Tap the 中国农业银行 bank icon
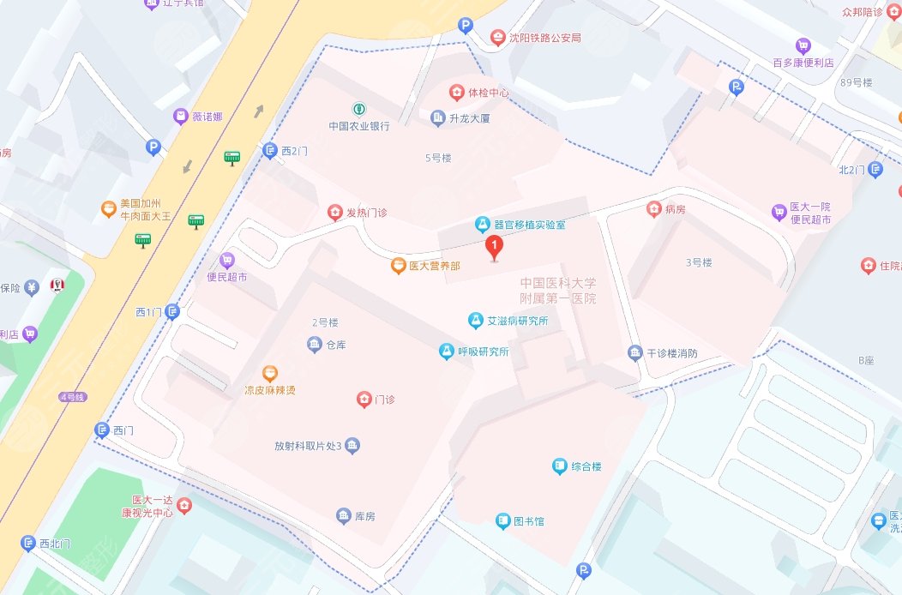358,109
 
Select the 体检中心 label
488,92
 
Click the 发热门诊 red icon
335,213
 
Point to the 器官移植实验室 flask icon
484,225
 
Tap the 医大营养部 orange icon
398,266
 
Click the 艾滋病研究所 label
517,321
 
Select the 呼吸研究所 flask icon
446,352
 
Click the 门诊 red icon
364,399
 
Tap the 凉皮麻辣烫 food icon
270,373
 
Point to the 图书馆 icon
503,520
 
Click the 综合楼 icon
560,466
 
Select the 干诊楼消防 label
672,353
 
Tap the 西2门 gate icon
270,151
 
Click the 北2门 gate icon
875,170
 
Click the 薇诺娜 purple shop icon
181,116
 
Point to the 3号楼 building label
698,262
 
